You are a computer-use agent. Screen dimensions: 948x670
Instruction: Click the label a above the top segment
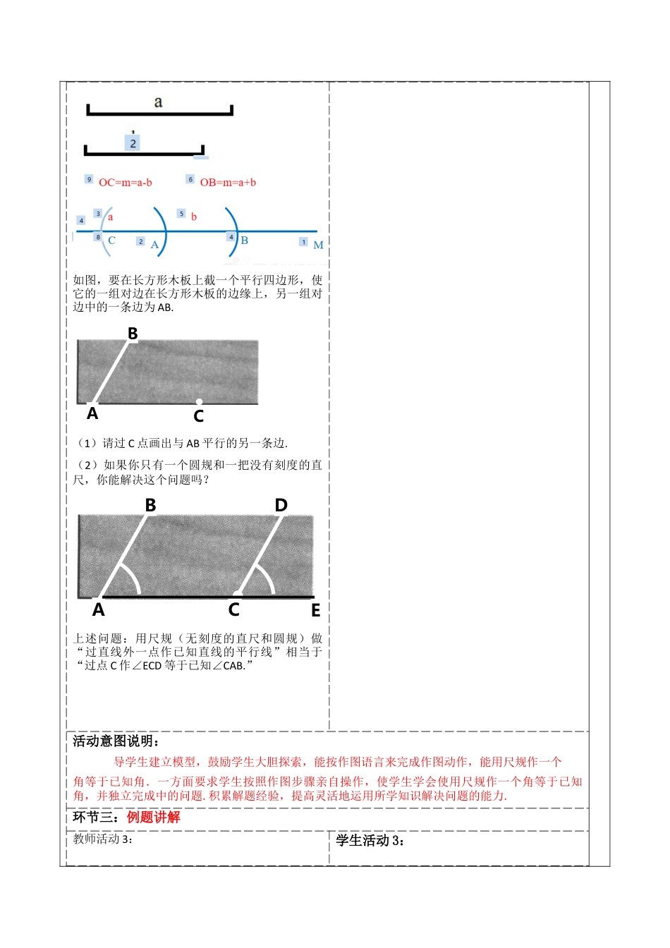pos(158,102)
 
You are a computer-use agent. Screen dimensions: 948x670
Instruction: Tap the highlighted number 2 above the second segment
pos(133,143)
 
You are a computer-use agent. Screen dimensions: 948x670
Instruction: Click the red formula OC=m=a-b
pos(126,183)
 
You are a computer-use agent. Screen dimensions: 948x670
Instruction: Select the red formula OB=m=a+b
pos(228,183)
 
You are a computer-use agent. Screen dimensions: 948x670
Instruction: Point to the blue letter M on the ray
pos(318,245)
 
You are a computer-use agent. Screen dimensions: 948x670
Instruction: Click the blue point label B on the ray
pos(244,241)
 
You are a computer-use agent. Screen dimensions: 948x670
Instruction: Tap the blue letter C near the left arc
pos(111,241)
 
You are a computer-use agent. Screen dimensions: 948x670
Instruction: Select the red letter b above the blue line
pos(194,217)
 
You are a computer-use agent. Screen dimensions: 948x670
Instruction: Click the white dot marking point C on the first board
pos(199,402)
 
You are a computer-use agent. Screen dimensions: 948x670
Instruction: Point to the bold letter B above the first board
pos(133,333)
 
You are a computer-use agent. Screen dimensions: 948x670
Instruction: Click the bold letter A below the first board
pos(92,414)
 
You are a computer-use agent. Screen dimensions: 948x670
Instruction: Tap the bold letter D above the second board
pos(281,505)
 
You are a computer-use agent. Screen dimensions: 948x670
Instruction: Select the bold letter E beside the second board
pos(315,611)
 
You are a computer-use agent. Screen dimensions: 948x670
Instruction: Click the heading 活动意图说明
pos(116,741)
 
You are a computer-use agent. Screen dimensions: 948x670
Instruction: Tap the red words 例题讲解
pos(153,818)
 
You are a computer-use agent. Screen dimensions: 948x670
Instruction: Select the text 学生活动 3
pos(370,840)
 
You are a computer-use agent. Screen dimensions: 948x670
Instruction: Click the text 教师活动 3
pos(103,839)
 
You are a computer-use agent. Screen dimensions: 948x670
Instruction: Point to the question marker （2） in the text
pos(87,465)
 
